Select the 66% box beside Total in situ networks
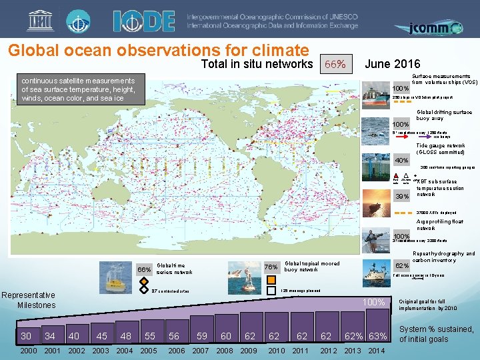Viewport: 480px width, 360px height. pyautogui.click(x=333, y=65)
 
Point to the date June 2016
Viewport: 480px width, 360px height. pyautogui.click(x=393, y=64)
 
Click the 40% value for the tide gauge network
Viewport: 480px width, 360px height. pyautogui.click(x=401, y=160)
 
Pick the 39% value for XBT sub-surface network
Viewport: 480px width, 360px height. pyautogui.click(x=401, y=196)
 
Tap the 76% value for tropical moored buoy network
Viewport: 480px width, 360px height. pyautogui.click(x=271, y=267)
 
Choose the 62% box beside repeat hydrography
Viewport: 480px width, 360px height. pyautogui.click(x=402, y=265)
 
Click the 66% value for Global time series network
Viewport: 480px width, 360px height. pyautogui.click(x=144, y=270)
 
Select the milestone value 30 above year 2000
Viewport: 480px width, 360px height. pyautogui.click(x=26, y=336)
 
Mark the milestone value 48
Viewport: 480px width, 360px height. pyautogui.click(x=125, y=336)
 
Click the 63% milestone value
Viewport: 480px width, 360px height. pyautogui.click(x=377, y=336)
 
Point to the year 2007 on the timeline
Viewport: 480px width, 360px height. pyautogui.click(x=201, y=351)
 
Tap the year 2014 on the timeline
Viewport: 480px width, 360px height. pyautogui.click(x=377, y=351)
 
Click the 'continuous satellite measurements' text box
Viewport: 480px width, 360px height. pyautogui.click(x=79, y=89)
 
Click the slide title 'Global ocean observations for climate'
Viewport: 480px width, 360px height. pyautogui.click(x=158, y=51)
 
